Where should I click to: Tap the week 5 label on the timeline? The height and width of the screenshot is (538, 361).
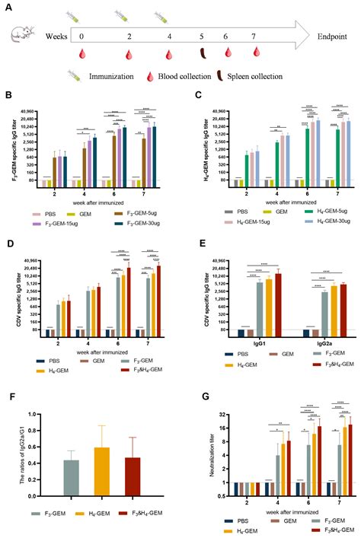coord(203,36)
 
